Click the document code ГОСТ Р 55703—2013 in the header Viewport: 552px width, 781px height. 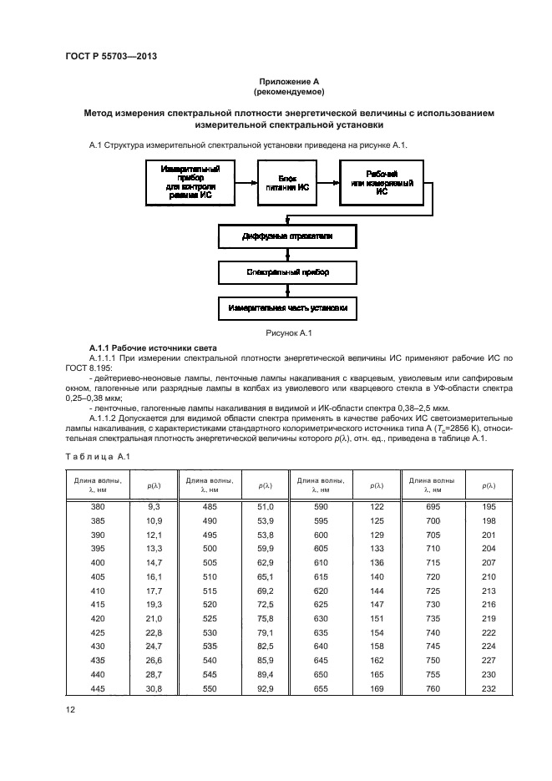(x=111, y=56)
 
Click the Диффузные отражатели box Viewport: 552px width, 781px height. (x=287, y=236)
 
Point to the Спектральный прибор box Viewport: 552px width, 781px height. (x=287, y=272)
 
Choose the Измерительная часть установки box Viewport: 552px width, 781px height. (x=287, y=307)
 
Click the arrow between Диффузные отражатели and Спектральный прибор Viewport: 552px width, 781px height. (x=287, y=255)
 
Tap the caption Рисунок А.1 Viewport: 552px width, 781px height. (x=288, y=333)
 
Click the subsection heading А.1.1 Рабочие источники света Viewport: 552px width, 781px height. (x=153, y=347)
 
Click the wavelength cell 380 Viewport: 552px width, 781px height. (x=99, y=507)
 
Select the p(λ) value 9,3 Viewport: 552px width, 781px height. (x=154, y=507)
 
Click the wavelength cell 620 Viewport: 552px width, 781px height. (x=321, y=589)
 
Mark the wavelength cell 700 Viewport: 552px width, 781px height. (x=433, y=520)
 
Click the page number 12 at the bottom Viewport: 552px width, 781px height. (x=70, y=710)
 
